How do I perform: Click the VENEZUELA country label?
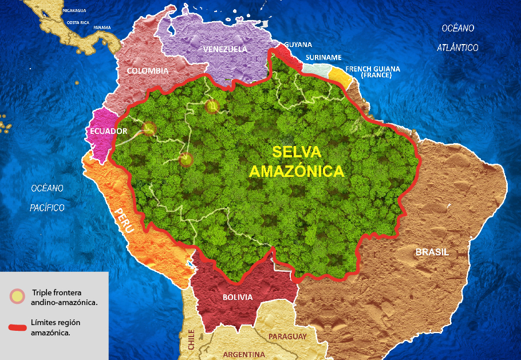[225, 49]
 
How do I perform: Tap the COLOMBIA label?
[148, 71]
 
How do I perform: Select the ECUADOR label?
[108, 131]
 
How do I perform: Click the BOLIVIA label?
[237, 297]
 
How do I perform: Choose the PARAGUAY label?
[288, 337]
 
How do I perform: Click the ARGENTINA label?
[244, 354]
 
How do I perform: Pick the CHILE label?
[191, 341]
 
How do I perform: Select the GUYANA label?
[298, 45]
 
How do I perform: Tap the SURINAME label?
[323, 58]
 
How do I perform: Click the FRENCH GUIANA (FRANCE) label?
[373, 72]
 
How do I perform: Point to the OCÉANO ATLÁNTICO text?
[457, 38]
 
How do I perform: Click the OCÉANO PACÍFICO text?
[48, 197]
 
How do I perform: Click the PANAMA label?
[102, 27]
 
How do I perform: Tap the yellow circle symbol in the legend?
[17, 296]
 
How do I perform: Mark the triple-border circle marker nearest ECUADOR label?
[148, 129]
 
